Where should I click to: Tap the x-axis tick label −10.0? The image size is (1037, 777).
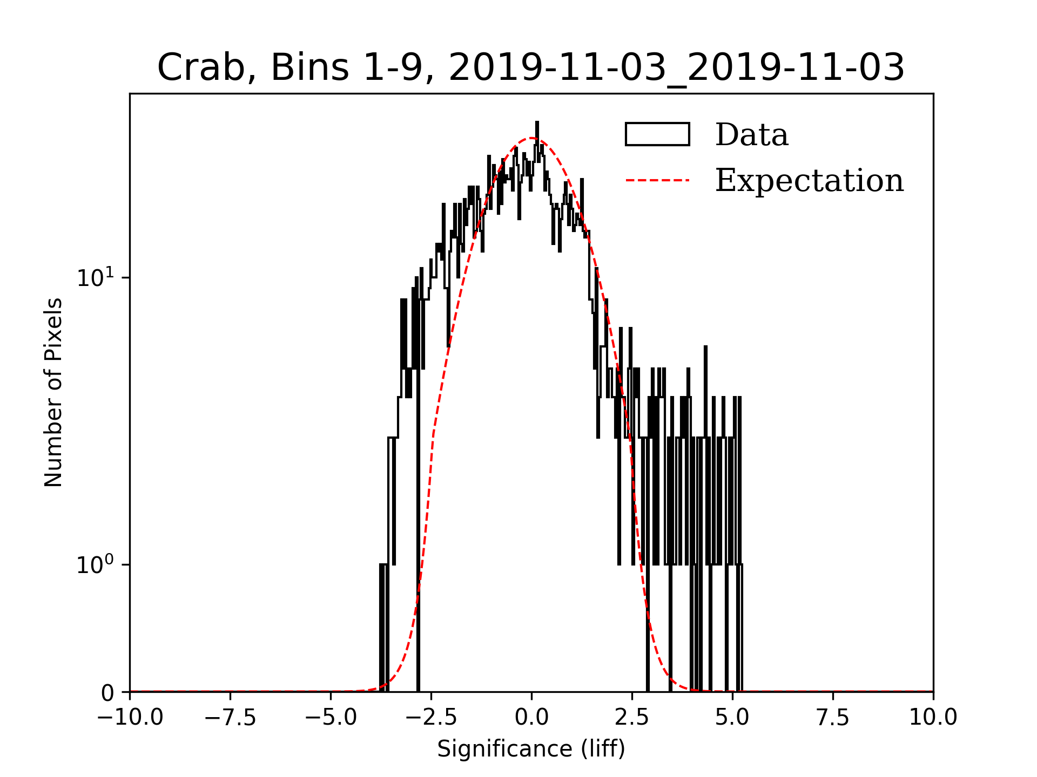130,718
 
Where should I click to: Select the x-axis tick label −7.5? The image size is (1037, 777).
231,718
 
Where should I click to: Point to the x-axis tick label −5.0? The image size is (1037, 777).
331,718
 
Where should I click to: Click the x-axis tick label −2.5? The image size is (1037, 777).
432,718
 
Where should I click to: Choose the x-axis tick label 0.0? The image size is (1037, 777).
531,718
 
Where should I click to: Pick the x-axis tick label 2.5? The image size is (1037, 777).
632,718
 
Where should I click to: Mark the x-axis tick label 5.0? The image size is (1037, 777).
732,718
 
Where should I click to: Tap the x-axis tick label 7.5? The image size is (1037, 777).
833,718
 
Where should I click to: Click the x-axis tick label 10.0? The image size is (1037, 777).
933,718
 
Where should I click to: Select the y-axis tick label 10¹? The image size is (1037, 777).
96,277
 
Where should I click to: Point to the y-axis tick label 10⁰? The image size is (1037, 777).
96,565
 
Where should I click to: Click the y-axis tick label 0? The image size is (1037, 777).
107,693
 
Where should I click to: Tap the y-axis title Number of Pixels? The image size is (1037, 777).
53,392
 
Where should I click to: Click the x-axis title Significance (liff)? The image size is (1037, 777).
531,749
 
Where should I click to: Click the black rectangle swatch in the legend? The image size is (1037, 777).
657,134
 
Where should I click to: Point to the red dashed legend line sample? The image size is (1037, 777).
657,180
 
